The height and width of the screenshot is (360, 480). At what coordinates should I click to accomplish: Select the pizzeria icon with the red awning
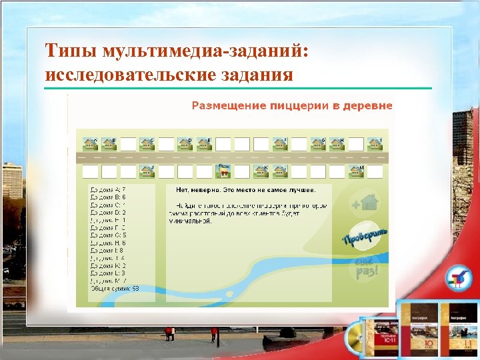225,171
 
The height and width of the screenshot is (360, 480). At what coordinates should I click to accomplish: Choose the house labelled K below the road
262,171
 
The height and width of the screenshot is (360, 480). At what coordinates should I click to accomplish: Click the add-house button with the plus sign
365,202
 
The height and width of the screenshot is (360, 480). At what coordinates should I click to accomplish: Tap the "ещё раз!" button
364,269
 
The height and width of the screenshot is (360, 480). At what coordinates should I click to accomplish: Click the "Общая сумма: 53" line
115,288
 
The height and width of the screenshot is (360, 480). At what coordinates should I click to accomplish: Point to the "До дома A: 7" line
108,189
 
